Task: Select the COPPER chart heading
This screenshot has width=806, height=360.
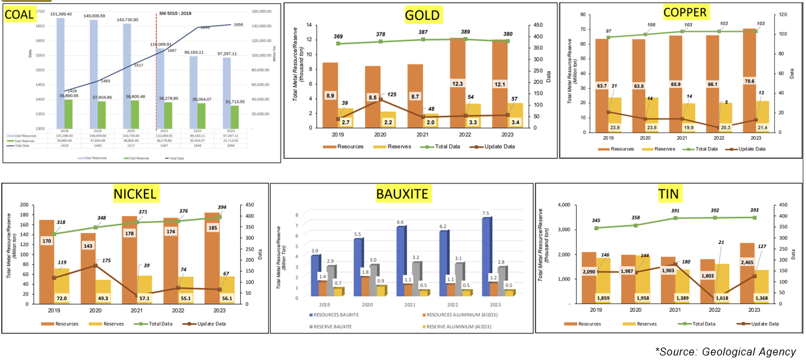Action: click(x=686, y=12)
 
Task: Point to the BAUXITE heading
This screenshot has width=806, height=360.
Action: click(x=402, y=193)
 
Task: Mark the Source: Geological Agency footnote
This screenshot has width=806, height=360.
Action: click(x=725, y=352)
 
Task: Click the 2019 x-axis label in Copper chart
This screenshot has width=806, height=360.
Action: click(x=608, y=138)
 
